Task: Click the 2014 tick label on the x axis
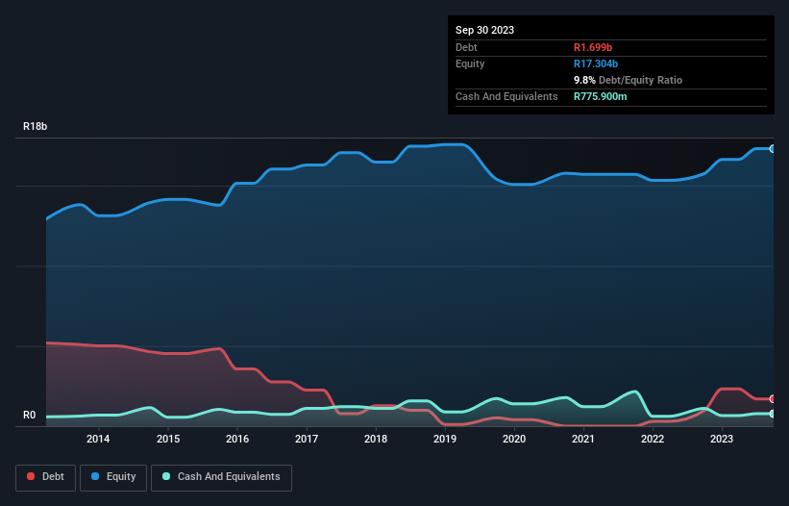tap(98, 440)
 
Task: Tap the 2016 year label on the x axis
tap(237, 440)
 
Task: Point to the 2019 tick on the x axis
tap(445, 440)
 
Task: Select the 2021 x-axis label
tap(583, 440)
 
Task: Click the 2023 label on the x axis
tap(722, 440)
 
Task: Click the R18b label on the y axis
tap(36, 127)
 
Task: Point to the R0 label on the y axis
tap(30, 416)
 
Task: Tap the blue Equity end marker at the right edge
tap(773, 149)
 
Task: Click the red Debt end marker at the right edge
tap(773, 398)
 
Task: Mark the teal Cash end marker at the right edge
tap(773, 414)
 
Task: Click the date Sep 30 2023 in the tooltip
tap(485, 30)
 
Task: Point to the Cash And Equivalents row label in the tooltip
tap(506, 96)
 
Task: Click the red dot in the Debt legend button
tap(32, 477)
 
